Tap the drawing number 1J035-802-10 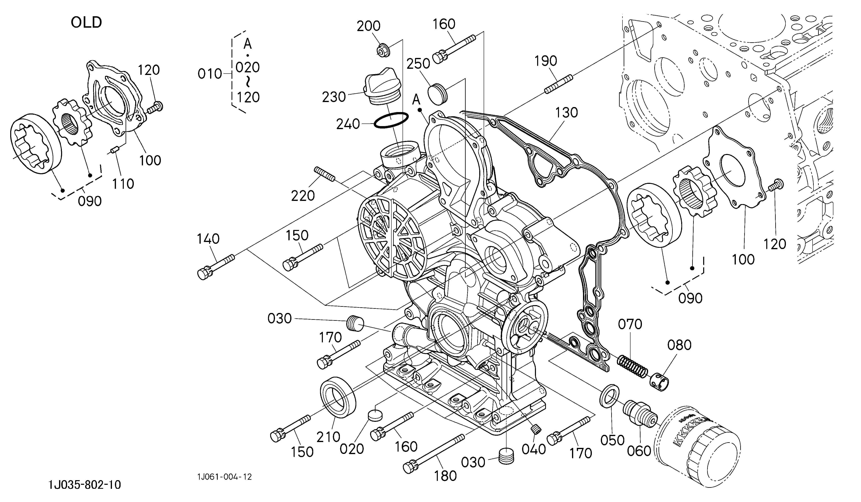[85, 485]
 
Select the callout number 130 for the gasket [566, 112]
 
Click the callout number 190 [546, 61]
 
